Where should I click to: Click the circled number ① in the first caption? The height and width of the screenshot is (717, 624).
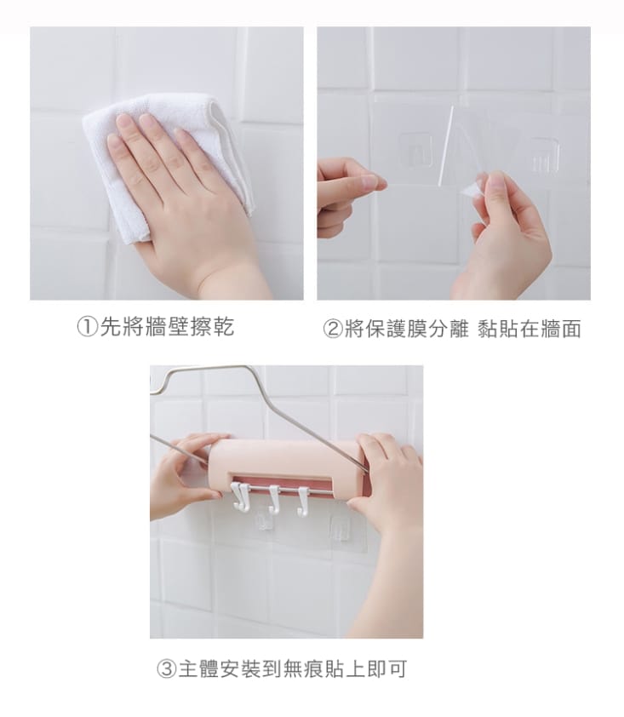point(89,329)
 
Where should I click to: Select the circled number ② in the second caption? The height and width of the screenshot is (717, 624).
point(333,330)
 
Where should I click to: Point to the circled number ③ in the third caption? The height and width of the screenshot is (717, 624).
point(165,669)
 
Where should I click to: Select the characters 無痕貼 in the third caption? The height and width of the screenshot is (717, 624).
point(321,669)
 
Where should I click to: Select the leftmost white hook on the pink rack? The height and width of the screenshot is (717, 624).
point(241,497)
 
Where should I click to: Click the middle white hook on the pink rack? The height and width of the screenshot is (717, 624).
point(272,498)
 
